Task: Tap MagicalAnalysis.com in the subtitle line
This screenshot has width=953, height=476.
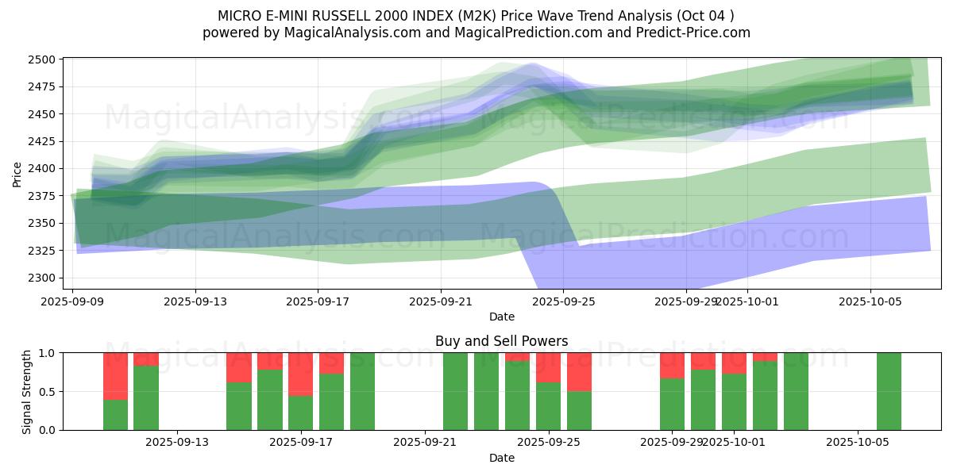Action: click(x=362, y=33)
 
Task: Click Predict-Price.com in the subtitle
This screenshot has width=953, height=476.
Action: click(x=691, y=33)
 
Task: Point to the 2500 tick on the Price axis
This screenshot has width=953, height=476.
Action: click(x=44, y=59)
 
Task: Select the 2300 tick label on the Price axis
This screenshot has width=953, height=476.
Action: click(x=44, y=278)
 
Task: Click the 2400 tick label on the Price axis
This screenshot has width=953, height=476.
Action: click(x=44, y=169)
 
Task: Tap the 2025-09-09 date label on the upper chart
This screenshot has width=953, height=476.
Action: click(x=73, y=301)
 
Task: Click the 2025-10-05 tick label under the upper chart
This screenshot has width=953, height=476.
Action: click(x=871, y=301)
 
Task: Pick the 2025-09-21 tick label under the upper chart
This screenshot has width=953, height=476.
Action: click(x=441, y=301)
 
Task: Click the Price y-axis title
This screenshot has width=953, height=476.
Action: click(x=17, y=174)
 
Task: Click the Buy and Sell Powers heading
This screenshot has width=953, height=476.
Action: click(x=501, y=341)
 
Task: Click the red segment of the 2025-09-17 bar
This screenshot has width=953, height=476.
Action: click(x=300, y=374)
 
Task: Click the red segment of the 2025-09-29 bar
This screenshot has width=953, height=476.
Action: click(x=672, y=365)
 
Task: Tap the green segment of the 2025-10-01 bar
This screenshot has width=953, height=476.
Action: click(x=734, y=402)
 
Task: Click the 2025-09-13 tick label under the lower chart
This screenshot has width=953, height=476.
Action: click(x=177, y=442)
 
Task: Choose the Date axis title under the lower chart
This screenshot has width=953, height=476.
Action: click(x=501, y=458)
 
